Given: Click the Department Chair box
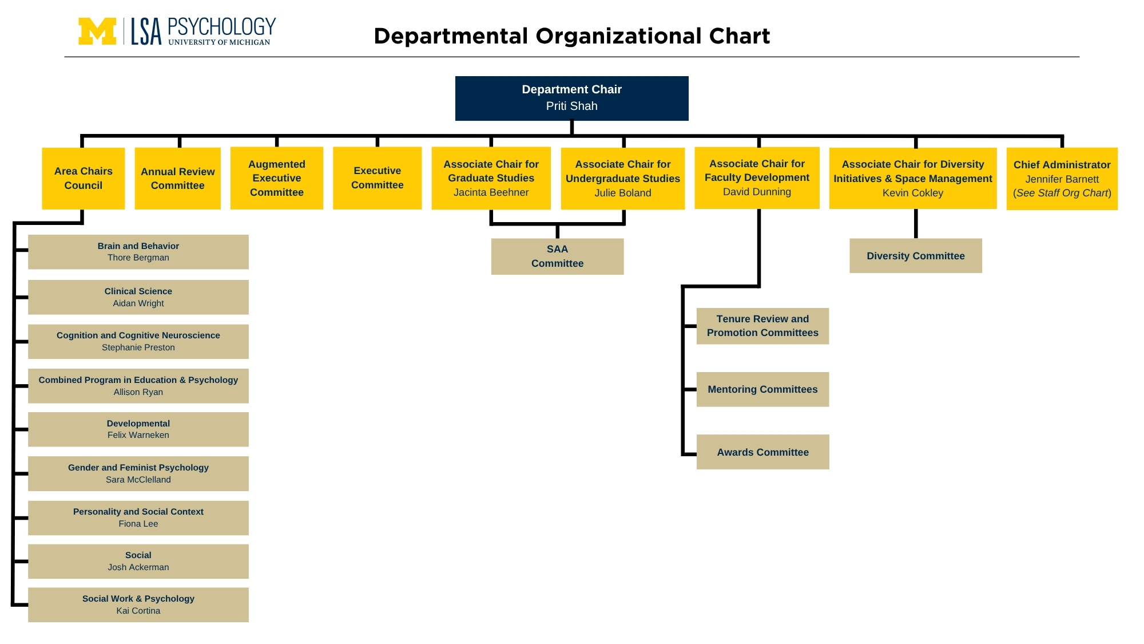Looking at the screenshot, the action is click(571, 98).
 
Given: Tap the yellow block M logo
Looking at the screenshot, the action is click(97, 31).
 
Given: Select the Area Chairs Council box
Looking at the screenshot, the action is click(84, 178).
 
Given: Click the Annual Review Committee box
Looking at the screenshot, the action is click(178, 178).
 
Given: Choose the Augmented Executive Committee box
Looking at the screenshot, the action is click(277, 178).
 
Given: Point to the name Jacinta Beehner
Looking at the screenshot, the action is click(491, 192).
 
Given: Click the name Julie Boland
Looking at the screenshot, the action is click(623, 193).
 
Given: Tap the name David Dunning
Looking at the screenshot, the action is click(757, 192).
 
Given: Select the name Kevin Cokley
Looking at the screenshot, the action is click(913, 193).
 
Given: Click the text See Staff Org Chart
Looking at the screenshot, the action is click(1062, 193).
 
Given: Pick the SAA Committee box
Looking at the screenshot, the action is click(558, 256).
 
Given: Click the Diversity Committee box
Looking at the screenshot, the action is click(916, 256).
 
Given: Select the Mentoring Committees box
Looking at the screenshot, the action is click(762, 389).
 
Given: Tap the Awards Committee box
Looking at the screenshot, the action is click(762, 452).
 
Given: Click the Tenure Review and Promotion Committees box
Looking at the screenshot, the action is click(762, 326).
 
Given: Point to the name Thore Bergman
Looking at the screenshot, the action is click(138, 258).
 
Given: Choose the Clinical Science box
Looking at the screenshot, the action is click(138, 297).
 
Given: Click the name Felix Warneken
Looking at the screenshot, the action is click(138, 435).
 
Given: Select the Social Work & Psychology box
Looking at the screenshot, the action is click(138, 605).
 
